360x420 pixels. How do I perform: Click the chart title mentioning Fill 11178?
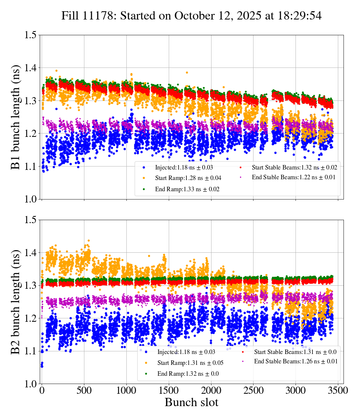tap(192, 15)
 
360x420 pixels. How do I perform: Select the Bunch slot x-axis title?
tap(191, 402)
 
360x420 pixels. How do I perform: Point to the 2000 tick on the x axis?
tap(211, 390)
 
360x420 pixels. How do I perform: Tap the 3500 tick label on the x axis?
tap(338, 390)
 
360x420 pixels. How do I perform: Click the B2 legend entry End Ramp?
tap(184, 373)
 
